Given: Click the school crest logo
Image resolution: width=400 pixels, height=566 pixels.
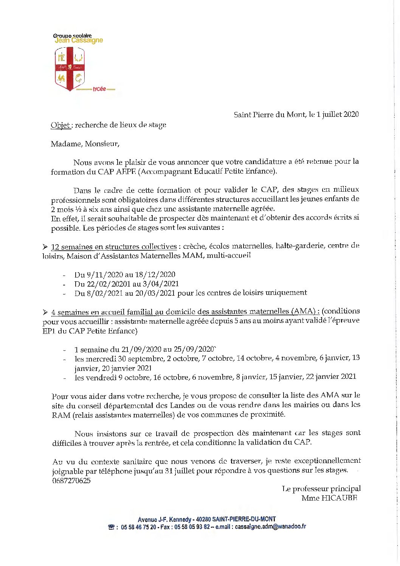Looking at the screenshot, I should pyautogui.click(x=70, y=69).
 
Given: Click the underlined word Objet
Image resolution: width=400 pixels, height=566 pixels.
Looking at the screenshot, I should pyautogui.click(x=60, y=125).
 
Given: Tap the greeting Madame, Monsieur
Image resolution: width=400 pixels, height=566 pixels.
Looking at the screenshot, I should pyautogui.click(x=85, y=144).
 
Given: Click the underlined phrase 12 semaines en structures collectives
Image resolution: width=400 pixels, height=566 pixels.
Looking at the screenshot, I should pyautogui.click(x=113, y=247).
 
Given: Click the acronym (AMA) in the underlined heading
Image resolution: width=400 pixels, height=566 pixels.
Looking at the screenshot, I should pyautogui.click(x=303, y=311).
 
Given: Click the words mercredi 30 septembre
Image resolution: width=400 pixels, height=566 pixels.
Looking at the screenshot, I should pyautogui.click(x=124, y=358).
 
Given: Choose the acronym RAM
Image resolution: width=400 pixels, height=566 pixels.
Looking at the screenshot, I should pyautogui.click(x=61, y=414).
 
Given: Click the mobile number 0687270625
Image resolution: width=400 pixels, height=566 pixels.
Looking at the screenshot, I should pyautogui.click(x=71, y=481).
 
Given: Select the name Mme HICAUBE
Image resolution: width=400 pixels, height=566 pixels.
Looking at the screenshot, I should pyautogui.click(x=329, y=498).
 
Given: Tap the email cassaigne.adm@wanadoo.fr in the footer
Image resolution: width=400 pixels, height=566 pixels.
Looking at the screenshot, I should pyautogui.click(x=270, y=527).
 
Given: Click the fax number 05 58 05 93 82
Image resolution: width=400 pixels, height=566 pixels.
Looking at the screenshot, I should pyautogui.click(x=192, y=527).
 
